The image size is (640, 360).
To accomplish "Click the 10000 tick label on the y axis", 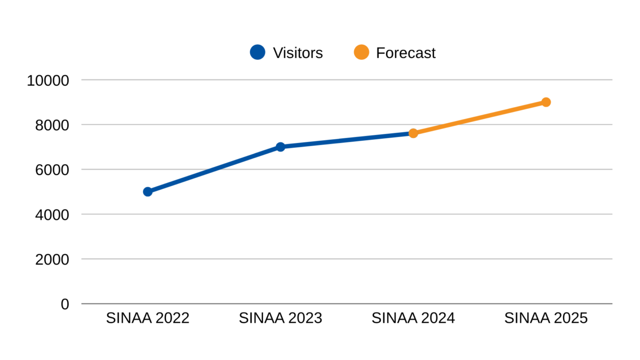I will pyautogui.click(x=49, y=81).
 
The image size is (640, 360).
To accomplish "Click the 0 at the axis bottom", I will pyautogui.click(x=65, y=305).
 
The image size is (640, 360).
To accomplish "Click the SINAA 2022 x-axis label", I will pyautogui.click(x=148, y=318).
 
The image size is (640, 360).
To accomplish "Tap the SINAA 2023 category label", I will pyautogui.click(x=281, y=318).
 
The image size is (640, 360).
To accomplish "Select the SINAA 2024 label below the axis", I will pyautogui.click(x=413, y=318).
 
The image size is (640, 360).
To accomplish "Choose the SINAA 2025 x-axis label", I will pyautogui.click(x=546, y=318).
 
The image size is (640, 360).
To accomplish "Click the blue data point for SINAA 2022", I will pyautogui.click(x=148, y=191).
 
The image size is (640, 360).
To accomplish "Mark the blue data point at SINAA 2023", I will pyautogui.click(x=281, y=147).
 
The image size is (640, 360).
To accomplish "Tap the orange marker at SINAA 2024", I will pyautogui.click(x=413, y=133).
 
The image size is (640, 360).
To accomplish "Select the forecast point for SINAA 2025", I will pyautogui.click(x=546, y=102).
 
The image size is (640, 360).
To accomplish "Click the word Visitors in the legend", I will pyautogui.click(x=298, y=53).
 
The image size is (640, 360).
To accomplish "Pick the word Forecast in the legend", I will pyautogui.click(x=406, y=53).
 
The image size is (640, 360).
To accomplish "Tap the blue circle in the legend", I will pyautogui.click(x=258, y=52).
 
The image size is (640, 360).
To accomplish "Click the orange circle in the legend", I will pyautogui.click(x=361, y=52).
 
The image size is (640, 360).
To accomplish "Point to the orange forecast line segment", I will pyautogui.click(x=480, y=117).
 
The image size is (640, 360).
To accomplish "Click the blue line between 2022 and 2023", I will pyautogui.click(x=214, y=169).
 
